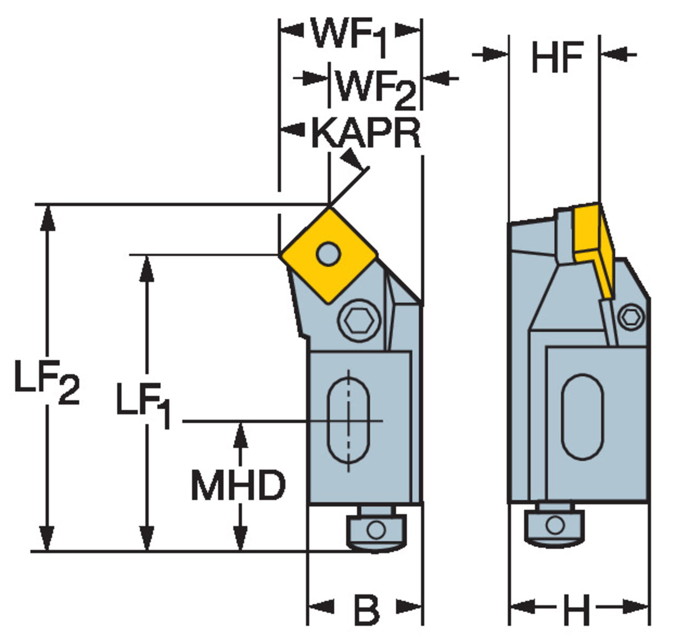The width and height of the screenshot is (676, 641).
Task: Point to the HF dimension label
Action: [x=557, y=57]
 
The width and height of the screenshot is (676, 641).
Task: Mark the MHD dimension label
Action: [x=238, y=485]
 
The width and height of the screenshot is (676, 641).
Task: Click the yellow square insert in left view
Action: [x=328, y=255]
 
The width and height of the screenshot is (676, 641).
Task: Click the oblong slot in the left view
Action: [x=348, y=421]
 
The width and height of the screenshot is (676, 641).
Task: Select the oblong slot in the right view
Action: [x=582, y=417]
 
